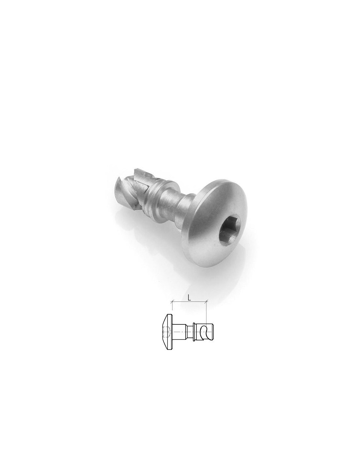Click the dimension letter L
pyautogui.click(x=189, y=299)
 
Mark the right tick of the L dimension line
pyautogui.click(x=206, y=302)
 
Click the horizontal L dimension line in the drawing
pyautogui.click(x=189, y=302)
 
